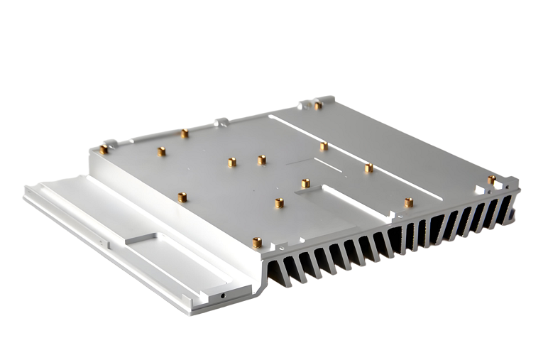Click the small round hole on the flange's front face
point(224,294)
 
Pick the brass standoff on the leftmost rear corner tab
point(104,149)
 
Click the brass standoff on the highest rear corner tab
point(318,105)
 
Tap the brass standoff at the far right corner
point(491,180)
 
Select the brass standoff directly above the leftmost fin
point(257,242)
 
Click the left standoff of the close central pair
point(232,162)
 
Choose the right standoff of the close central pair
point(261,160)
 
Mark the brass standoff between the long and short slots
point(324,146)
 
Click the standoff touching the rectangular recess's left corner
point(305,183)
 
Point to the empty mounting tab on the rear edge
point(221,122)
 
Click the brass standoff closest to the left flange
point(182,197)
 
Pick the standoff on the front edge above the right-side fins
point(409,203)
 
